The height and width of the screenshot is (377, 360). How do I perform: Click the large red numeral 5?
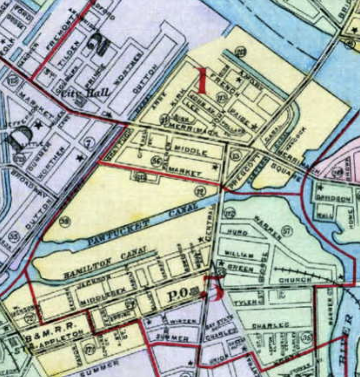214,289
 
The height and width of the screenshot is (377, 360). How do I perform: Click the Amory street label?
250,79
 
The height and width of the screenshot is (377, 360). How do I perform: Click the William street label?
239,254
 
